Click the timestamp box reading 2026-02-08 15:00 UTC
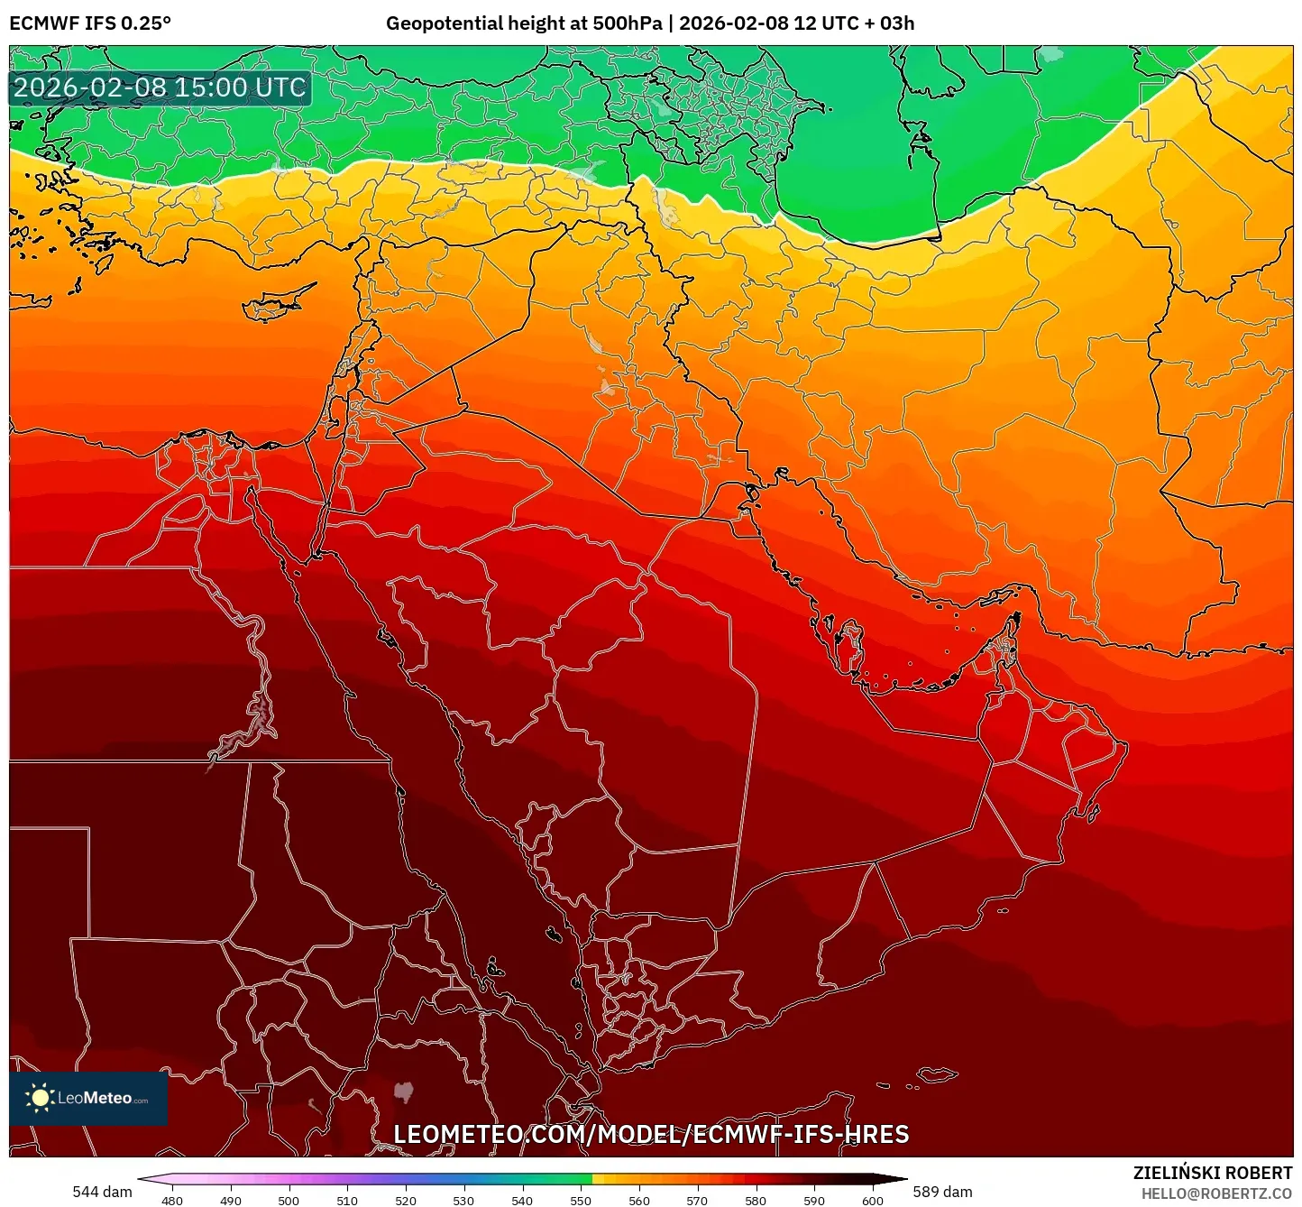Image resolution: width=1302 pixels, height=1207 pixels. click(x=160, y=88)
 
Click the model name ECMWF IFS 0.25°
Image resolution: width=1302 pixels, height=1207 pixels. click(x=90, y=23)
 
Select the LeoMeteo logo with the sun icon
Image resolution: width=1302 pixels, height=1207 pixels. click(x=88, y=1098)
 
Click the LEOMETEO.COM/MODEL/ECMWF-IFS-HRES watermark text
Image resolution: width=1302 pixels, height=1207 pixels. click(x=651, y=1134)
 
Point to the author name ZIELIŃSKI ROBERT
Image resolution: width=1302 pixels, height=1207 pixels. click(x=1212, y=1173)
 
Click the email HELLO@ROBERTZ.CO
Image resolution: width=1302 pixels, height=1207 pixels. click(x=1216, y=1193)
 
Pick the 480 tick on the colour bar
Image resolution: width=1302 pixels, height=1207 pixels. click(x=171, y=1200)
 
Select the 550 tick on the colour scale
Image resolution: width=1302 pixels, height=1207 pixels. click(x=581, y=1200)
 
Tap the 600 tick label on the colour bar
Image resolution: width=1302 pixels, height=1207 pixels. click(x=872, y=1200)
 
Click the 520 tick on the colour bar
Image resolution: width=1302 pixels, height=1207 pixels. click(x=406, y=1200)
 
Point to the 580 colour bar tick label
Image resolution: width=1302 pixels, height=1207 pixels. click(x=756, y=1200)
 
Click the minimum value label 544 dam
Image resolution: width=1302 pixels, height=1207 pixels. click(x=102, y=1192)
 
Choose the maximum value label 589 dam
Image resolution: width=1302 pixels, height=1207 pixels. click(x=942, y=1192)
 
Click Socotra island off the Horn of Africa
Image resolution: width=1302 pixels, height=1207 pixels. click(x=939, y=1074)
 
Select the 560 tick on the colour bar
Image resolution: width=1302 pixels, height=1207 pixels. click(x=639, y=1200)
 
